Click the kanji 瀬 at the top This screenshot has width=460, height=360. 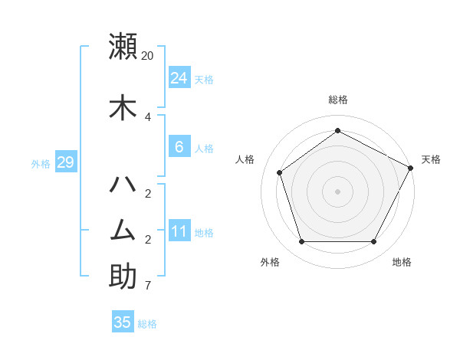pyautogui.click(x=123, y=46)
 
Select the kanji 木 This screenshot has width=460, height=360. pyautogui.click(x=123, y=107)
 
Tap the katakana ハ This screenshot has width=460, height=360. pyautogui.click(x=123, y=184)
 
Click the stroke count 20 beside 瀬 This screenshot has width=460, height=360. pyautogui.click(x=148, y=56)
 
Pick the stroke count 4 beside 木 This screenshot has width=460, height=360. pyautogui.click(x=148, y=117)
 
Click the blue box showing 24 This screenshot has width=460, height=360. pyautogui.click(x=179, y=78)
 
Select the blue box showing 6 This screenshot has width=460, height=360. pyautogui.click(x=179, y=147)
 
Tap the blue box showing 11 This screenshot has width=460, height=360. pyautogui.click(x=179, y=231)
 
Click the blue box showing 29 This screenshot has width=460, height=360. pyautogui.click(x=66, y=162)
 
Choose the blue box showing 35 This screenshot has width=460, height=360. pyautogui.click(x=123, y=322)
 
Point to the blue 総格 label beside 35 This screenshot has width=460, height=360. pyautogui.click(x=148, y=324)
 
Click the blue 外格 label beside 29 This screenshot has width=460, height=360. pyautogui.click(x=41, y=163)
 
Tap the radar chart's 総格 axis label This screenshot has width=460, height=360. pyautogui.click(x=338, y=100)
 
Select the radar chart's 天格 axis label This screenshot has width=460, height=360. pyautogui.click(x=431, y=159)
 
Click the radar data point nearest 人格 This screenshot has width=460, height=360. pyautogui.click(x=280, y=172)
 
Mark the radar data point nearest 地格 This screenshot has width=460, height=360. pyautogui.click(x=374, y=241)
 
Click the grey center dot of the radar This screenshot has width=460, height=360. pyautogui.click(x=338, y=191)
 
